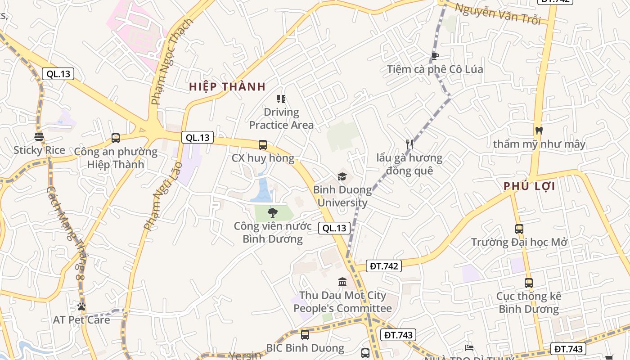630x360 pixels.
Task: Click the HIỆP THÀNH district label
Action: click(x=227, y=87)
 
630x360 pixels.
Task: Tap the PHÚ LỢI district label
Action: click(x=529, y=186)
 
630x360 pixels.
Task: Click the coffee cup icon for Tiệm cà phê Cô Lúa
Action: click(x=435, y=56)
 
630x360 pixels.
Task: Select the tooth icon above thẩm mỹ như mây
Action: click(x=539, y=130)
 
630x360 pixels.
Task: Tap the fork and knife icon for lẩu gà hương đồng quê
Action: click(x=409, y=144)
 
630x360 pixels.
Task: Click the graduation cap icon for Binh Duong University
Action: click(x=342, y=176)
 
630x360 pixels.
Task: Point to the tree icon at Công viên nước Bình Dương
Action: click(x=272, y=213)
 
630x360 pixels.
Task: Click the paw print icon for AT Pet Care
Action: click(x=81, y=306)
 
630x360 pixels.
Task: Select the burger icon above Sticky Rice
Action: click(x=39, y=137)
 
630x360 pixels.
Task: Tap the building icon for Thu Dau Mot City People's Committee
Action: click(x=342, y=282)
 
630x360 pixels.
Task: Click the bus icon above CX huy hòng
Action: click(x=263, y=145)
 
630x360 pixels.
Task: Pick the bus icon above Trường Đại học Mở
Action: click(x=519, y=229)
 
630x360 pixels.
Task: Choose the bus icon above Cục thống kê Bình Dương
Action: click(x=529, y=283)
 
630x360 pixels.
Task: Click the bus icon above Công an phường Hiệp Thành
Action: click(x=116, y=138)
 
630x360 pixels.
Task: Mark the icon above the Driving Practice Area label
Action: click(x=281, y=99)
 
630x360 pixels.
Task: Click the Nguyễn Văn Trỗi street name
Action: click(x=497, y=14)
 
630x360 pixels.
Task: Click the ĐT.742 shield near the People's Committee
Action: click(x=384, y=266)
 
